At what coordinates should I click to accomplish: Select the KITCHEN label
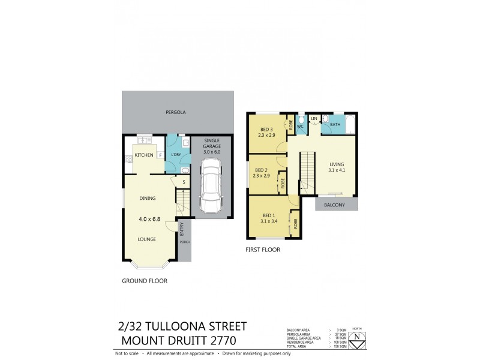pos(143,155)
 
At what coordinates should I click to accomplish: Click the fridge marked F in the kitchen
pos(160,155)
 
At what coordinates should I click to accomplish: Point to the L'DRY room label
pos(176,155)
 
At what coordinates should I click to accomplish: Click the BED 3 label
pos(266,130)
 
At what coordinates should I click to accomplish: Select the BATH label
pos(335,125)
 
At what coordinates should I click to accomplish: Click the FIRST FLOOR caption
pos(263,250)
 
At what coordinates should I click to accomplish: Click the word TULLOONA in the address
pos(193,327)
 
